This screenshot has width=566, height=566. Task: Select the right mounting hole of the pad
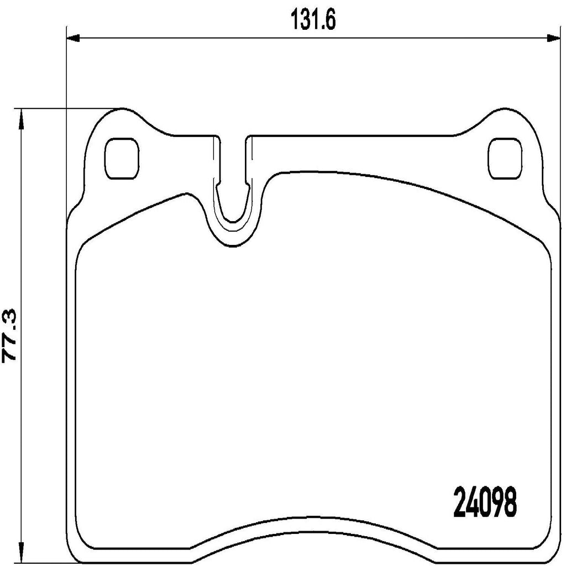505,158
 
